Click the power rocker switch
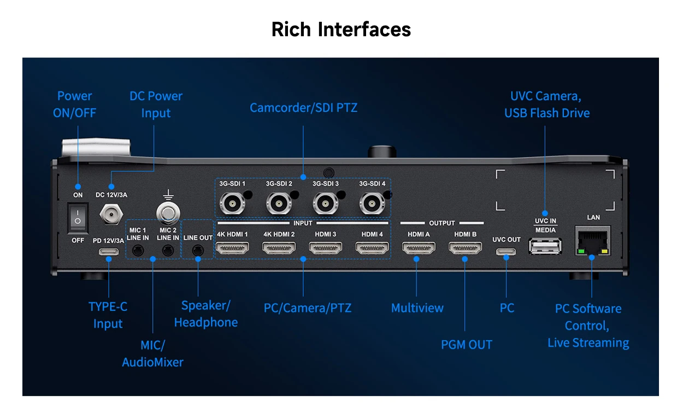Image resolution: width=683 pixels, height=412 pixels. [78, 218]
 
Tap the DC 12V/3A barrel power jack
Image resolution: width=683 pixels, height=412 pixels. [111, 214]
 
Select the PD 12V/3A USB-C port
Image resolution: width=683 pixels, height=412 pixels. [109, 252]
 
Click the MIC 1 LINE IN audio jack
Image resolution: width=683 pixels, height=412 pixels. [138, 251]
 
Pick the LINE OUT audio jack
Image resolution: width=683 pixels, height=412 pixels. [198, 251]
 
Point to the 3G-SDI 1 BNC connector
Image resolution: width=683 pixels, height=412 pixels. [232, 203]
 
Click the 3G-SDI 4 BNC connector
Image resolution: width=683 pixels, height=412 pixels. [372, 203]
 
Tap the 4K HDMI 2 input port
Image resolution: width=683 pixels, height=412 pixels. [279, 247]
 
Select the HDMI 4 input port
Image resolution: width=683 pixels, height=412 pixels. [372, 247]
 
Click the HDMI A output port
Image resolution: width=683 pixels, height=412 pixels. [419, 247]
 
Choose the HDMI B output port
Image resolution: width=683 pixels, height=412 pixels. [466, 247]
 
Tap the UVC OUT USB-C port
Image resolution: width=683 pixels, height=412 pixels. [506, 252]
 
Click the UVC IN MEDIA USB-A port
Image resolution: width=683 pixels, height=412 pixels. [545, 246]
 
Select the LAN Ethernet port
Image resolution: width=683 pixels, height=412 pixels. [593, 240]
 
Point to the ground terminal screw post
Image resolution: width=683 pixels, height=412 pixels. [168, 213]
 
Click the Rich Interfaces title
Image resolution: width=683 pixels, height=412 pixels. [341, 30]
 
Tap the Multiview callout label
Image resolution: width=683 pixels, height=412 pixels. [417, 308]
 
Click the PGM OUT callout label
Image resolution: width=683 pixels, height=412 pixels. [467, 345]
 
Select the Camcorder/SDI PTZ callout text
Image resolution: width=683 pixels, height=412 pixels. [303, 107]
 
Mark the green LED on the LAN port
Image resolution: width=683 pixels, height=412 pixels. [581, 251]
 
